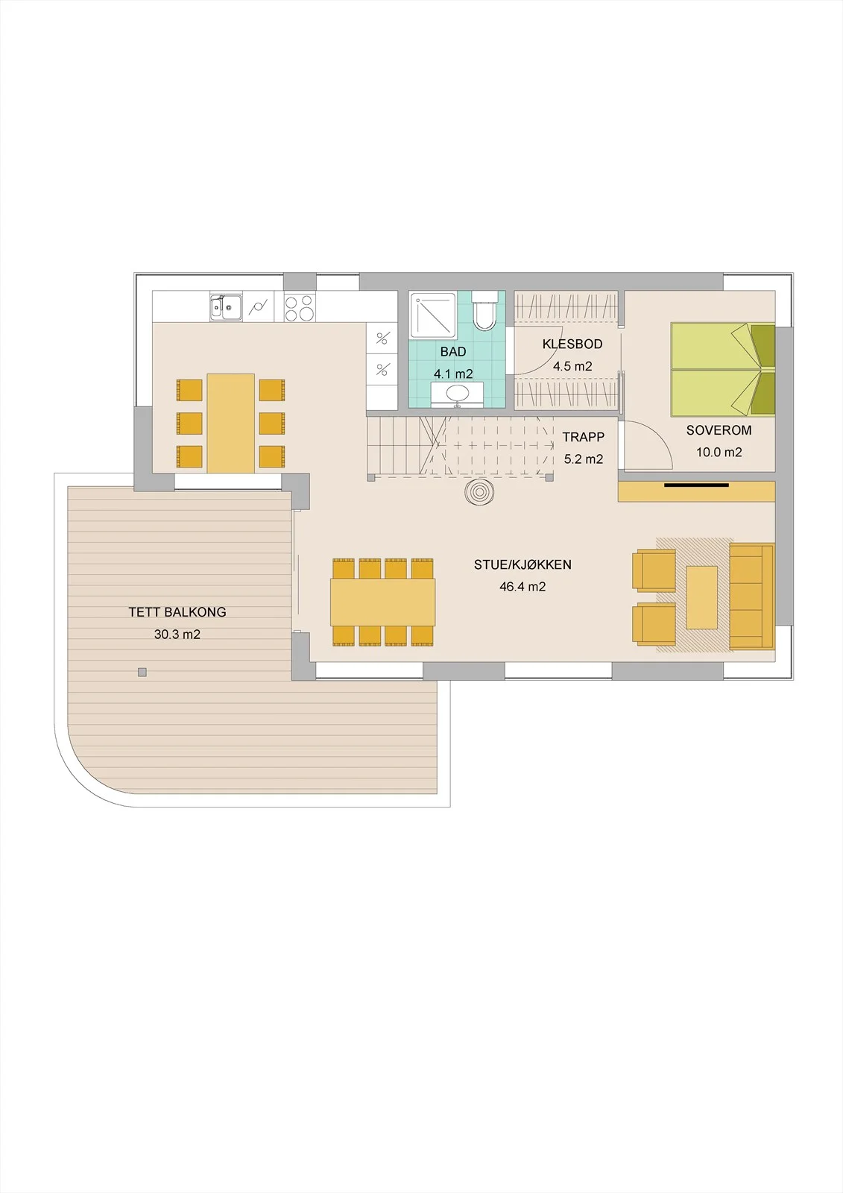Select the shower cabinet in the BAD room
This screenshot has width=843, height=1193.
433,315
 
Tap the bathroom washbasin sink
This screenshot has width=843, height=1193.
456,394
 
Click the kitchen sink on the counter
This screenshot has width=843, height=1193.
226,307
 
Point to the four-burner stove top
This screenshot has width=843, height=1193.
299,308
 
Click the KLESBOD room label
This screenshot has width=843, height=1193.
572,344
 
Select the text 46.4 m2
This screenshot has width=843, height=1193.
522,587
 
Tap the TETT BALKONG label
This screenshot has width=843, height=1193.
177,612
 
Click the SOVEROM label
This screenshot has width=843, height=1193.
719,430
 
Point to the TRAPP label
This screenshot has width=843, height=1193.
584,437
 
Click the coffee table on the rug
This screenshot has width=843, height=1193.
702,597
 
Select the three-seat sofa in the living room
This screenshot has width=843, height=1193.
751,596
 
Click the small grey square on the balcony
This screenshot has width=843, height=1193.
142,672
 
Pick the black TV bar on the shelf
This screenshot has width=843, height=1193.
697,485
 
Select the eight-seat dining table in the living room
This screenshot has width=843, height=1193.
383,602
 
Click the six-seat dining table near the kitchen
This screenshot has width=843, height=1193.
230,424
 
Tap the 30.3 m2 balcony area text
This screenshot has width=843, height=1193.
177,635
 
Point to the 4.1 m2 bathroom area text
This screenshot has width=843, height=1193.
453,374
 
